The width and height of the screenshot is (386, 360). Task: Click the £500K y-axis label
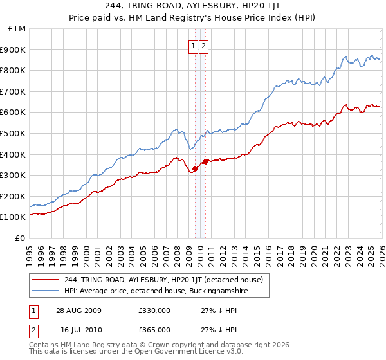click(x=15, y=133)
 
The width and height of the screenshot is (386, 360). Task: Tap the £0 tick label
click(x=21, y=238)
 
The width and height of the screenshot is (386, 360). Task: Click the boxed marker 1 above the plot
click(x=194, y=46)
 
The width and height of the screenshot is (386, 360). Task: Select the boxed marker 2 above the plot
click(x=203, y=46)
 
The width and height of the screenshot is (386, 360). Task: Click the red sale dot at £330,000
click(x=195, y=168)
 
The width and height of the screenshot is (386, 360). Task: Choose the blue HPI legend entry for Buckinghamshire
click(x=156, y=291)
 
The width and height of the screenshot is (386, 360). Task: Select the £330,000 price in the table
click(x=154, y=310)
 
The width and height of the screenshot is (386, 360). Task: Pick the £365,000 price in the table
click(x=154, y=329)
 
